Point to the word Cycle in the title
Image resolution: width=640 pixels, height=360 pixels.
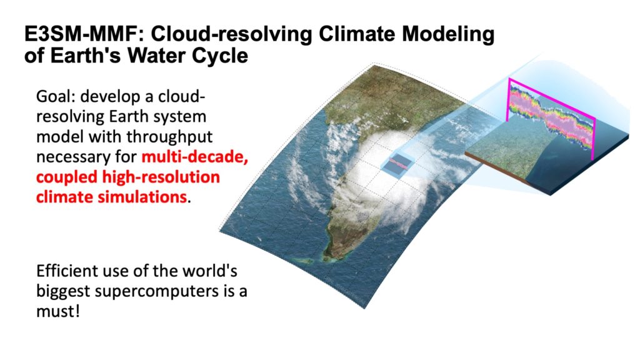pyautogui.click(x=219, y=56)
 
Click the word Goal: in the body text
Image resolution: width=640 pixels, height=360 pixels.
pyautogui.click(x=56, y=97)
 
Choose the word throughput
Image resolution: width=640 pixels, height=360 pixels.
pyautogui.click(x=169, y=137)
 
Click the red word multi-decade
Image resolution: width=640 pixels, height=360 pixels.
pyautogui.click(x=195, y=157)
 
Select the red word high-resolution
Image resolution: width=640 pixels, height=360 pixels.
pyautogui.click(x=161, y=177)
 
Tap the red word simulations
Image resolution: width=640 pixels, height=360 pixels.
pyautogui.click(x=142, y=197)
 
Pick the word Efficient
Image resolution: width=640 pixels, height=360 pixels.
pyautogui.click(x=66, y=271)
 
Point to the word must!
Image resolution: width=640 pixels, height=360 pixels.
pyautogui.click(x=57, y=311)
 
